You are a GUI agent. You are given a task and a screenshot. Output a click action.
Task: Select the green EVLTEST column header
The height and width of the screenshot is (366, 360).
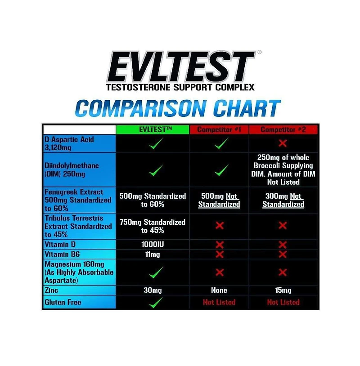point(152,129)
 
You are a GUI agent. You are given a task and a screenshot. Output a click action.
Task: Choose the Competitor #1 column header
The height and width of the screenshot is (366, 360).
point(219,129)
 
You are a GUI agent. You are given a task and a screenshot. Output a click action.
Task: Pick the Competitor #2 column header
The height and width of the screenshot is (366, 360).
point(283,129)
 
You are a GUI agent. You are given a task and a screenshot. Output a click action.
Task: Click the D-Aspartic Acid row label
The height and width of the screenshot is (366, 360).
point(69,143)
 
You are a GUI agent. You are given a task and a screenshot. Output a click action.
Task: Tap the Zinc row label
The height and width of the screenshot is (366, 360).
point(51,290)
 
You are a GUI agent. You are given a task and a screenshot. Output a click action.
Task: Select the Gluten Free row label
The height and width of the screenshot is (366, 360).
point(63,302)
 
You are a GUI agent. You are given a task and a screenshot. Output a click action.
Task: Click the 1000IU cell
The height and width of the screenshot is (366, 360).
point(152,245)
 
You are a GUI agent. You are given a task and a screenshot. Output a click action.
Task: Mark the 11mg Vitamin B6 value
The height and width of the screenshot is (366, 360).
point(152,254)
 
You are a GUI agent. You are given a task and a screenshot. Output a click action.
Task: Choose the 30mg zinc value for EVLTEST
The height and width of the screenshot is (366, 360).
point(152,290)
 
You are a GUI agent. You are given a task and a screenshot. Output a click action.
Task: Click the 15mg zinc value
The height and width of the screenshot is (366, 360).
point(283,290)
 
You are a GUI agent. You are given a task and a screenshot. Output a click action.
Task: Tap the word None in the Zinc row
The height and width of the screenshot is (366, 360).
point(219,290)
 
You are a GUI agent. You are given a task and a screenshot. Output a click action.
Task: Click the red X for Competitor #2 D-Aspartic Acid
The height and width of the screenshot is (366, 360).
point(283,143)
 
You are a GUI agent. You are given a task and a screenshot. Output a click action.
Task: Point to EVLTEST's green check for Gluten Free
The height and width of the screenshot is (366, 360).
point(155,302)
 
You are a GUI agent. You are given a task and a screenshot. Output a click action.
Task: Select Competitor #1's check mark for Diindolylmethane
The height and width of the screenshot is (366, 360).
point(221,170)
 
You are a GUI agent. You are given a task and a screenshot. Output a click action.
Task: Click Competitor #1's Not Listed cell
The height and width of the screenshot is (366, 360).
point(219,302)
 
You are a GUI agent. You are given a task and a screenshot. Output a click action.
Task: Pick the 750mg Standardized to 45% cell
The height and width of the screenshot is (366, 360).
point(152,226)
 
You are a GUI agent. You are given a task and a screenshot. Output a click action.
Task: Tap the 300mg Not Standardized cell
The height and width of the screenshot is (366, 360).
point(283,200)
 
